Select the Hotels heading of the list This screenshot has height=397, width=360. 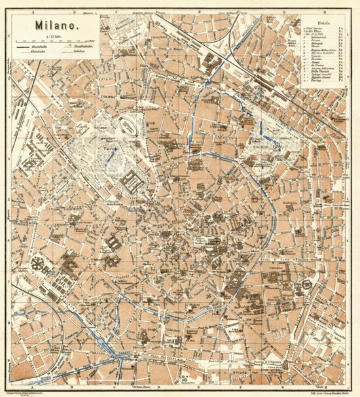click(x=324, y=20)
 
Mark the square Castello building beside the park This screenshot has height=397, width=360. click(x=130, y=181)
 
